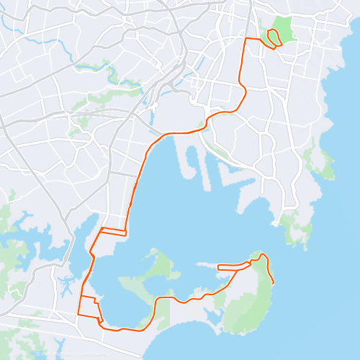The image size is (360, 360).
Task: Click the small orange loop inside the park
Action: point(274,37)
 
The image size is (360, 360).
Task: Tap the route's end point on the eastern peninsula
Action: point(274,282)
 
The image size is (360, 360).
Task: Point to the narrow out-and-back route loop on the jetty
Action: point(233,266)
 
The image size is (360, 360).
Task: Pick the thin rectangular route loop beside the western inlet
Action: point(113,232)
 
